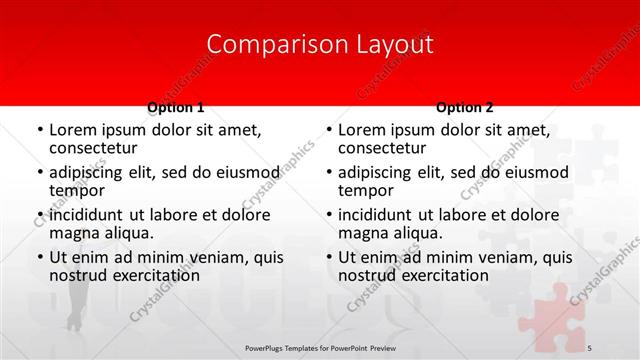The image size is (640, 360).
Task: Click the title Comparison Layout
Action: coord(319,45)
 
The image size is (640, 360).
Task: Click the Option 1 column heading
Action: coord(176,107)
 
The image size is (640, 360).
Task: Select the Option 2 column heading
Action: coord(464,107)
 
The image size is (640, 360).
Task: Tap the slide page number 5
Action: coord(589,346)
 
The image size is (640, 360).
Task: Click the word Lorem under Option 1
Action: coord(72,130)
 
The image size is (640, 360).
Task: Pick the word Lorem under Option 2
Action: coord(361,130)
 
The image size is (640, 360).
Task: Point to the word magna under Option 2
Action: coord(363,233)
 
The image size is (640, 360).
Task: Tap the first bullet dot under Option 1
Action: coord(39,131)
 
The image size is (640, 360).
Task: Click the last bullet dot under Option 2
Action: coord(328,258)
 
